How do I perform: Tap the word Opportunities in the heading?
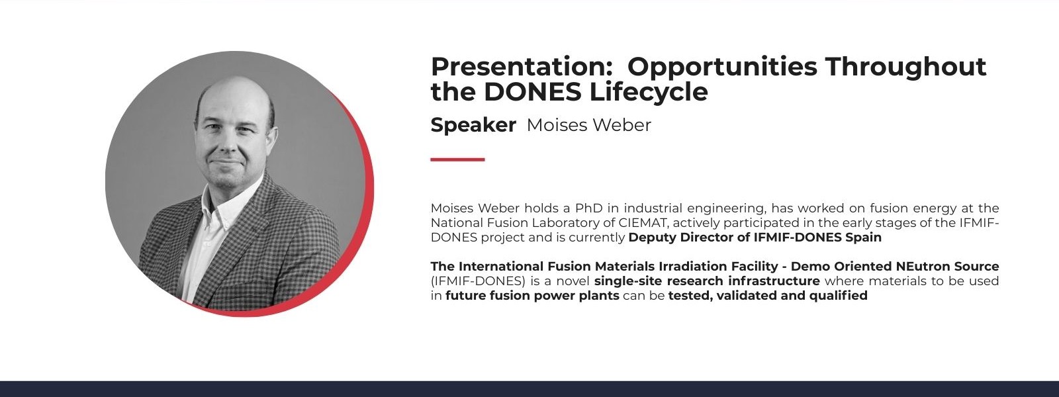click(722, 67)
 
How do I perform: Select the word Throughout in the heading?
click(906, 67)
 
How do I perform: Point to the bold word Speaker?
click(473, 125)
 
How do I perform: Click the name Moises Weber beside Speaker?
click(588, 125)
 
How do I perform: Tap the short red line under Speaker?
click(457, 159)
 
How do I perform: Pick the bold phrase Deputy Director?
click(681, 238)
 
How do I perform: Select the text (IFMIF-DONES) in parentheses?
click(478, 281)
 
